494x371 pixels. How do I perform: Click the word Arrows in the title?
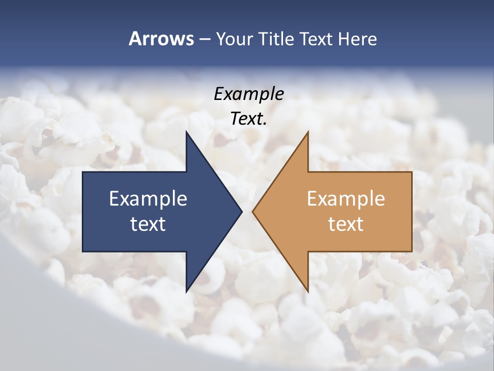(x=161, y=39)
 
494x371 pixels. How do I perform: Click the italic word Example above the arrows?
(x=249, y=94)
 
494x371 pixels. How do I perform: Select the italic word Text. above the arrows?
(x=249, y=119)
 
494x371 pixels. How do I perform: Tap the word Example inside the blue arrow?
(x=148, y=199)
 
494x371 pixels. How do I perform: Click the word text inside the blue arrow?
(x=148, y=224)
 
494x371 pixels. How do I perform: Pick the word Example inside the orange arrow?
(x=346, y=199)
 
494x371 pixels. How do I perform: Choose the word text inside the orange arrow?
(x=346, y=224)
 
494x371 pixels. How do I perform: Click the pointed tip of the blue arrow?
(x=241, y=211)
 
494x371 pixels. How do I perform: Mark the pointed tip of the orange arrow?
(x=253, y=211)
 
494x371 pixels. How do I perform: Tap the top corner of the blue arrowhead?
(x=187, y=132)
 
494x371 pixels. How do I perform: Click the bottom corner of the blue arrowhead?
(x=187, y=291)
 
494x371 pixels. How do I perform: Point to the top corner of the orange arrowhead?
(x=308, y=132)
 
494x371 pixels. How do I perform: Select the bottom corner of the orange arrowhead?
(x=308, y=291)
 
